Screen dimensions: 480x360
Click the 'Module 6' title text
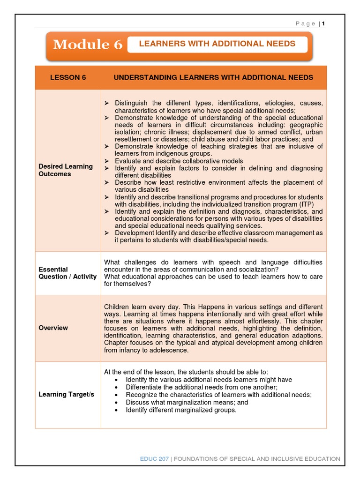pyautogui.click(x=88, y=45)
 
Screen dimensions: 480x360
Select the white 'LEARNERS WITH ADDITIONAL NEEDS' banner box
pyautogui.click(x=217, y=44)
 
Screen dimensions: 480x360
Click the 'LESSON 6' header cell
pyautogui.click(x=68, y=77)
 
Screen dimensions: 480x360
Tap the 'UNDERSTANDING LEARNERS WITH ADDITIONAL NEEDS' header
pyautogui.click(x=213, y=77)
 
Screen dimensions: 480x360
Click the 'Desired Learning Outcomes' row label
pyautogui.click(x=66, y=170)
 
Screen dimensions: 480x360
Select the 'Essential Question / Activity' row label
pyautogui.click(x=67, y=273)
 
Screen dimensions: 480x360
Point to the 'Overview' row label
pyautogui.click(x=53, y=328)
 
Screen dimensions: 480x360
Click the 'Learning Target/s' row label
pyautogui.click(x=66, y=394)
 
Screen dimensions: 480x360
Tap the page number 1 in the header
pyautogui.click(x=323, y=24)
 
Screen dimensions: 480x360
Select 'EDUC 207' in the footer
pyautogui.click(x=154, y=459)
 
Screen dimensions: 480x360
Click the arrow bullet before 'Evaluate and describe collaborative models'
pyautogui.click(x=106, y=161)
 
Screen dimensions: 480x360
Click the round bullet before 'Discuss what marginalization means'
pyautogui.click(x=116, y=402)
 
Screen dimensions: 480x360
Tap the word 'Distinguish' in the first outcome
pyautogui.click(x=132, y=103)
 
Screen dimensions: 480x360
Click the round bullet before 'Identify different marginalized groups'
pyautogui.click(x=116, y=410)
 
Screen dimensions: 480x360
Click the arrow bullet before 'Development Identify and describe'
pyautogui.click(x=106, y=233)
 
